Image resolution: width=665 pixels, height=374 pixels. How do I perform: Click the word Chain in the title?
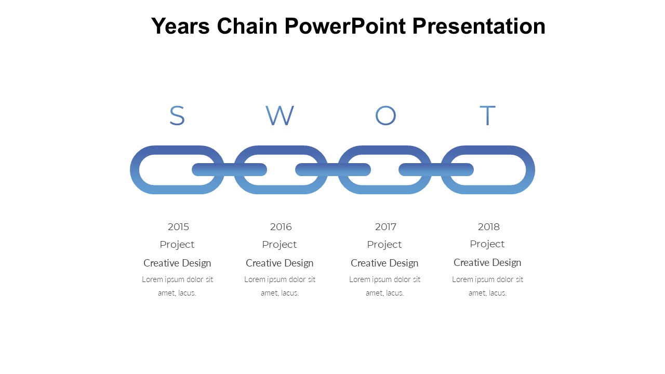click(x=247, y=26)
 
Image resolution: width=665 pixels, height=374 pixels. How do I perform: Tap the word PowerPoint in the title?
click(x=345, y=26)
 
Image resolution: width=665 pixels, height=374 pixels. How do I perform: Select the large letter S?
click(x=177, y=115)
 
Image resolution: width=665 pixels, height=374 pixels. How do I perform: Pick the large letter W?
click(x=280, y=115)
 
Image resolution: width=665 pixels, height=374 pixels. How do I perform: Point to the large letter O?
click(x=385, y=115)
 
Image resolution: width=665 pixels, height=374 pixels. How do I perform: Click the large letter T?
click(x=488, y=115)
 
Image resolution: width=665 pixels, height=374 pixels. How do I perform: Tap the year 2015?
click(x=178, y=227)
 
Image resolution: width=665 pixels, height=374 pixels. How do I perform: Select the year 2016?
click(x=281, y=227)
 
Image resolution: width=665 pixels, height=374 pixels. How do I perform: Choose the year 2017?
click(x=385, y=227)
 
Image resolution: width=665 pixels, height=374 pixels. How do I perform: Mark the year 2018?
click(x=489, y=227)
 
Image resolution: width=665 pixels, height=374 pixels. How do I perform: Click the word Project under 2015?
click(x=177, y=245)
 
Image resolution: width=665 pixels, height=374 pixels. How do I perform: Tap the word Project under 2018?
click(x=487, y=244)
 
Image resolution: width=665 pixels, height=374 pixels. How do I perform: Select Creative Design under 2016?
click(x=280, y=263)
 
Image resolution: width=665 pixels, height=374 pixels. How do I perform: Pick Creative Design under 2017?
click(x=384, y=263)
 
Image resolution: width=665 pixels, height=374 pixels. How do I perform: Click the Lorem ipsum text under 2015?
click(x=177, y=286)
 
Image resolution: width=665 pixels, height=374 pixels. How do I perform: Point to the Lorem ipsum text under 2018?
click(x=487, y=286)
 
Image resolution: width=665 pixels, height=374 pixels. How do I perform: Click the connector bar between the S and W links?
click(x=230, y=169)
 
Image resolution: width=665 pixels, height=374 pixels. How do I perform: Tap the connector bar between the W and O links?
click(x=333, y=169)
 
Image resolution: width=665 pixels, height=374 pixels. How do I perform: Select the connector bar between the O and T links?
click(x=436, y=169)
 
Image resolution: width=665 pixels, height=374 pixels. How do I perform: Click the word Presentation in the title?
click(x=479, y=26)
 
